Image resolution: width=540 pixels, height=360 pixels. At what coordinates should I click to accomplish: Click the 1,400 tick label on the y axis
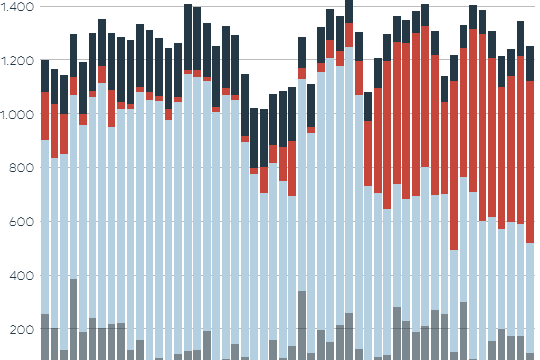click(17, 8)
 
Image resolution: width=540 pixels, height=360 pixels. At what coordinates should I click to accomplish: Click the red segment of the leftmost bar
click(45, 116)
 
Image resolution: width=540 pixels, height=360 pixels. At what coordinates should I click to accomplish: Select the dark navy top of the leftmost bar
click(45, 76)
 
